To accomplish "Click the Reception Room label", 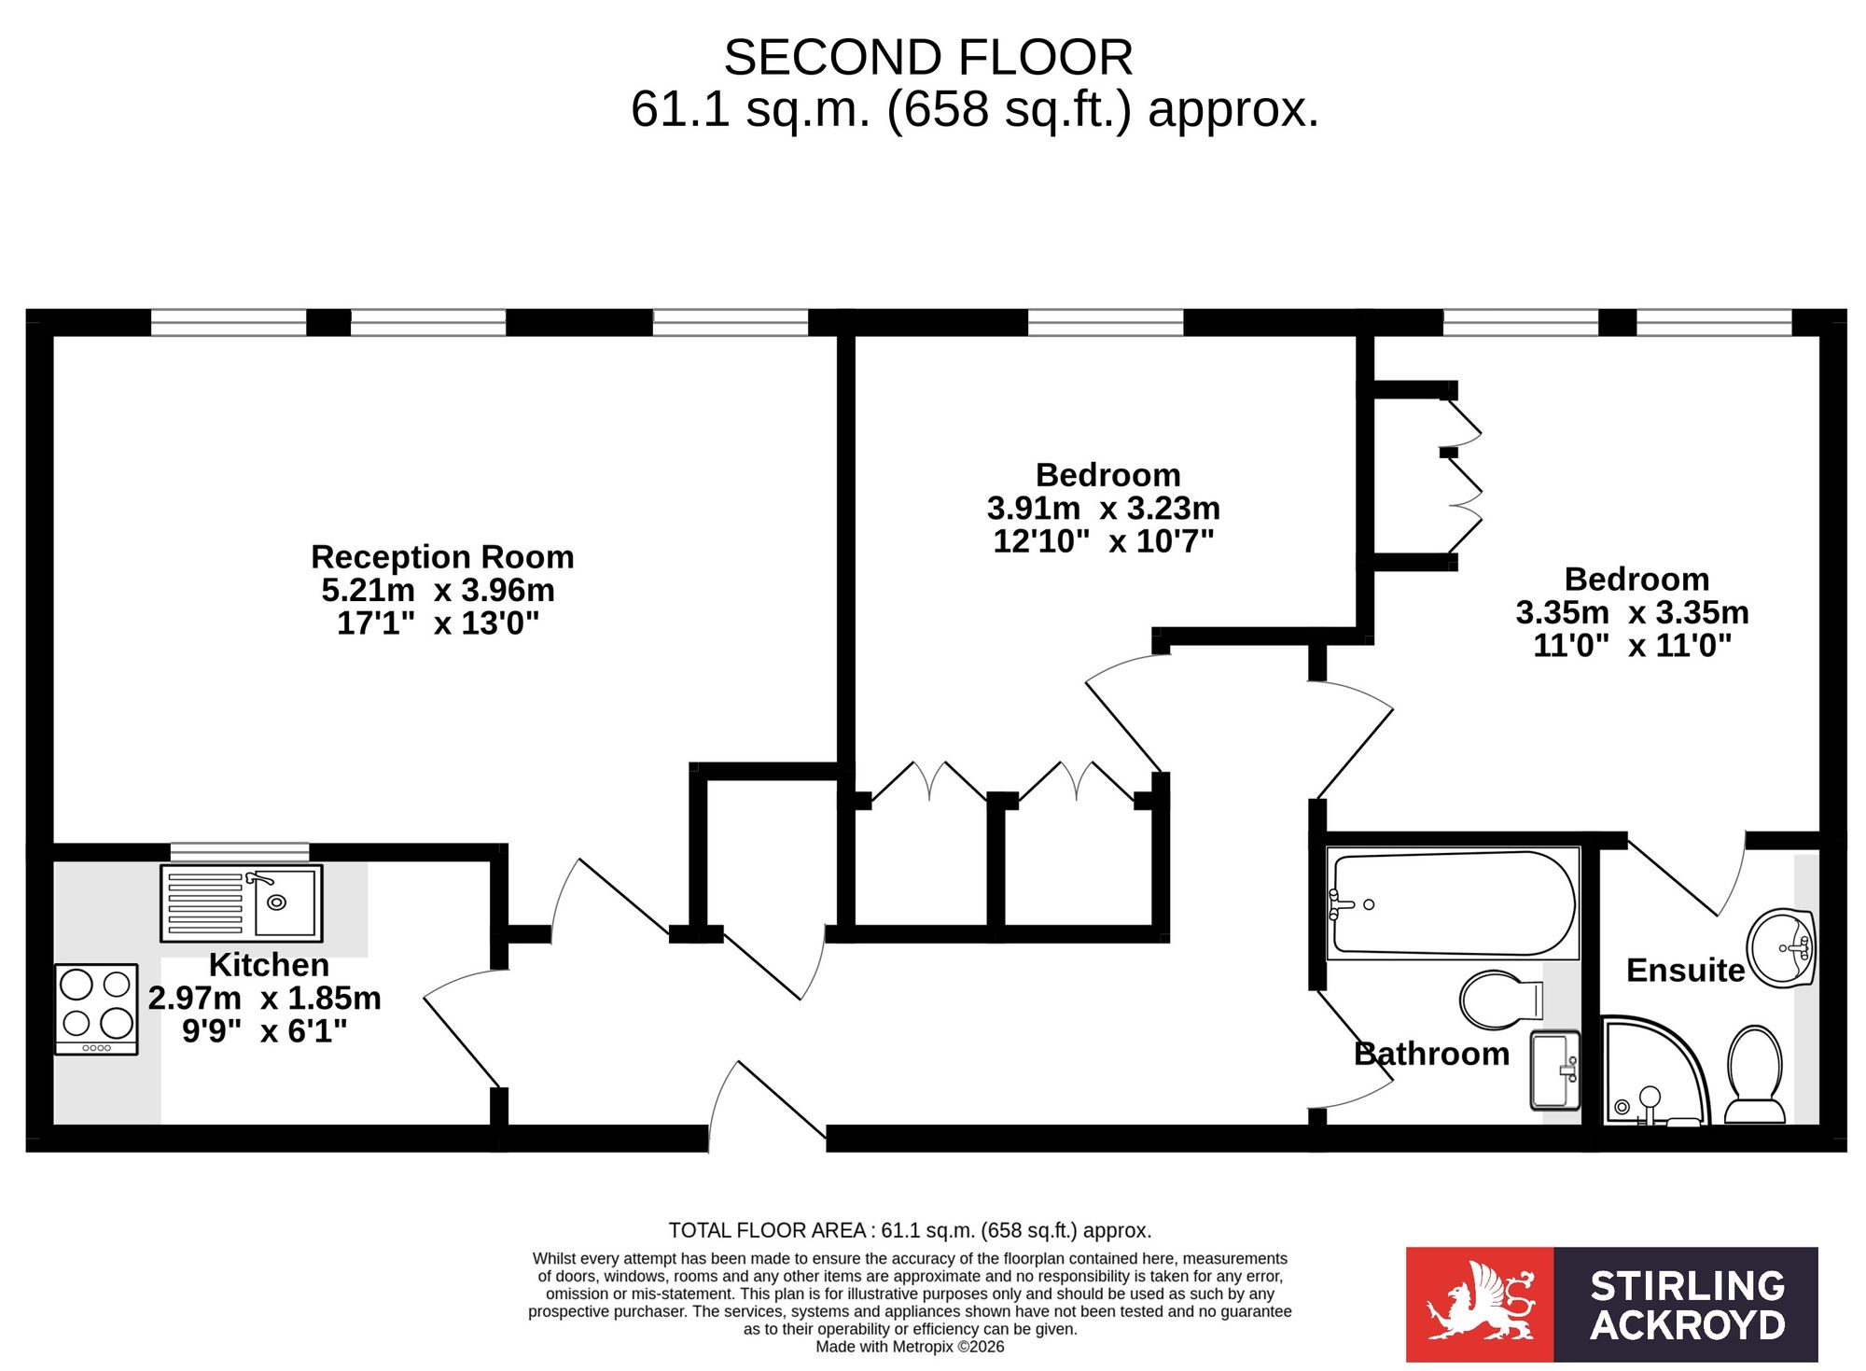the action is coord(442,557).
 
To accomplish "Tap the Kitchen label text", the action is coord(269,964).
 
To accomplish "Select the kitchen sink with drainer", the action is coord(242,902).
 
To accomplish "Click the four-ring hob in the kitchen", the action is coord(96,1009).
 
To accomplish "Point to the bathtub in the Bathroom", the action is coord(1453,903).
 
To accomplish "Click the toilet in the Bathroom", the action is coord(1501,1000).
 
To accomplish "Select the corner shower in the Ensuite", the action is coord(1656,1070).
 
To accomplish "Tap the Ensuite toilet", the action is coord(1755,1074).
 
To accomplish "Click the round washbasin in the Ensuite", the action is coord(1781,948).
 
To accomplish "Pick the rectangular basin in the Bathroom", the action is coord(1554,1070).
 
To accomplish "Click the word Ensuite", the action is coord(1685,971).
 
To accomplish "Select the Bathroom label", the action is coord(1431,1054).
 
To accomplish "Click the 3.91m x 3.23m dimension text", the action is coord(1104,509).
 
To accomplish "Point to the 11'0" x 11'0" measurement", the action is coord(1633,646).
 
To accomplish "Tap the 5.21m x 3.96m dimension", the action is coord(439,590).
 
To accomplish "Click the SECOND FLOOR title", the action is coord(928,58).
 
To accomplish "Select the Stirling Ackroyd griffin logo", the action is coord(1480,1304).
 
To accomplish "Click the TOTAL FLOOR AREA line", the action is coord(910,1230).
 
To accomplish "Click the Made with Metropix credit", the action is coord(910,1347).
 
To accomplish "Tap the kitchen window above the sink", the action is coord(240,852).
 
